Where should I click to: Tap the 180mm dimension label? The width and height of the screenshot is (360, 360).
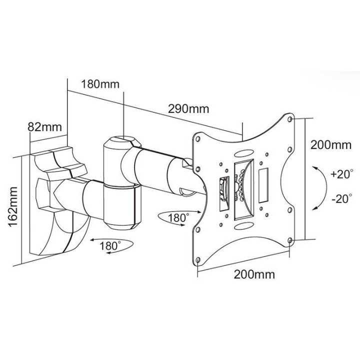[x=99, y=83]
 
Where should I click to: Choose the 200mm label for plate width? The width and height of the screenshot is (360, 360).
[x=254, y=274]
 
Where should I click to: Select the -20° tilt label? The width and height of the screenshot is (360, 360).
[x=342, y=198]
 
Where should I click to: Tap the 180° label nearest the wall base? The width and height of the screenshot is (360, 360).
[x=109, y=246]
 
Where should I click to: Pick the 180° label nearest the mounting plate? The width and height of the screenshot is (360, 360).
[x=178, y=218]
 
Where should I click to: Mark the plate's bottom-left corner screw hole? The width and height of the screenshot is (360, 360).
[x=198, y=260]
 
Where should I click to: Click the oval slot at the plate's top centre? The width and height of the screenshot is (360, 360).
[x=245, y=154]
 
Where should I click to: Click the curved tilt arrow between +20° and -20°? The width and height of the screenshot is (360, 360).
[x=318, y=187]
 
